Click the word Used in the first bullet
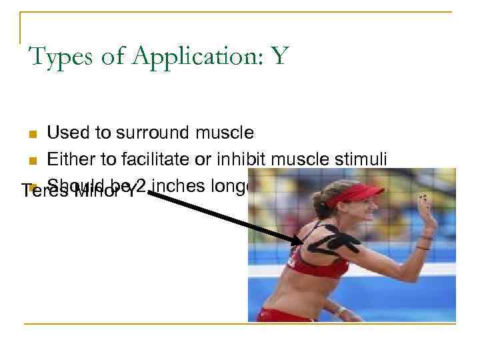[x=69, y=133]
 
